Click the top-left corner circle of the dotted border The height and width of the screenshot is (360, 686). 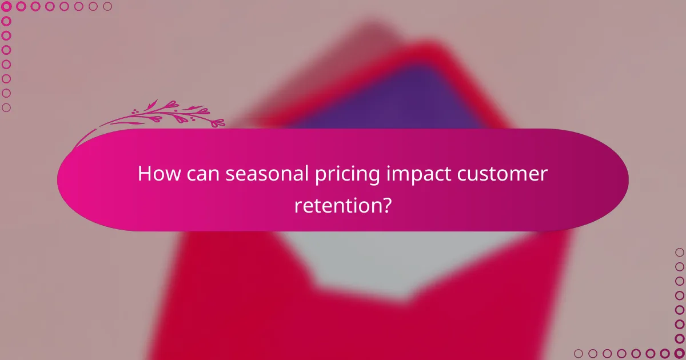pos(7,7)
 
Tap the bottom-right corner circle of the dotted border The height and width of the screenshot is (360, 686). pos(679,353)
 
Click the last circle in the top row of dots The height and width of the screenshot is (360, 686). pos(107,7)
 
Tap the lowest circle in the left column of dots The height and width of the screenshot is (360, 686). pos(7,107)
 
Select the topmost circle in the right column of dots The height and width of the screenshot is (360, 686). pos(679,252)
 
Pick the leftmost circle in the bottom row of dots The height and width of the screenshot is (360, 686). pos(579,353)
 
